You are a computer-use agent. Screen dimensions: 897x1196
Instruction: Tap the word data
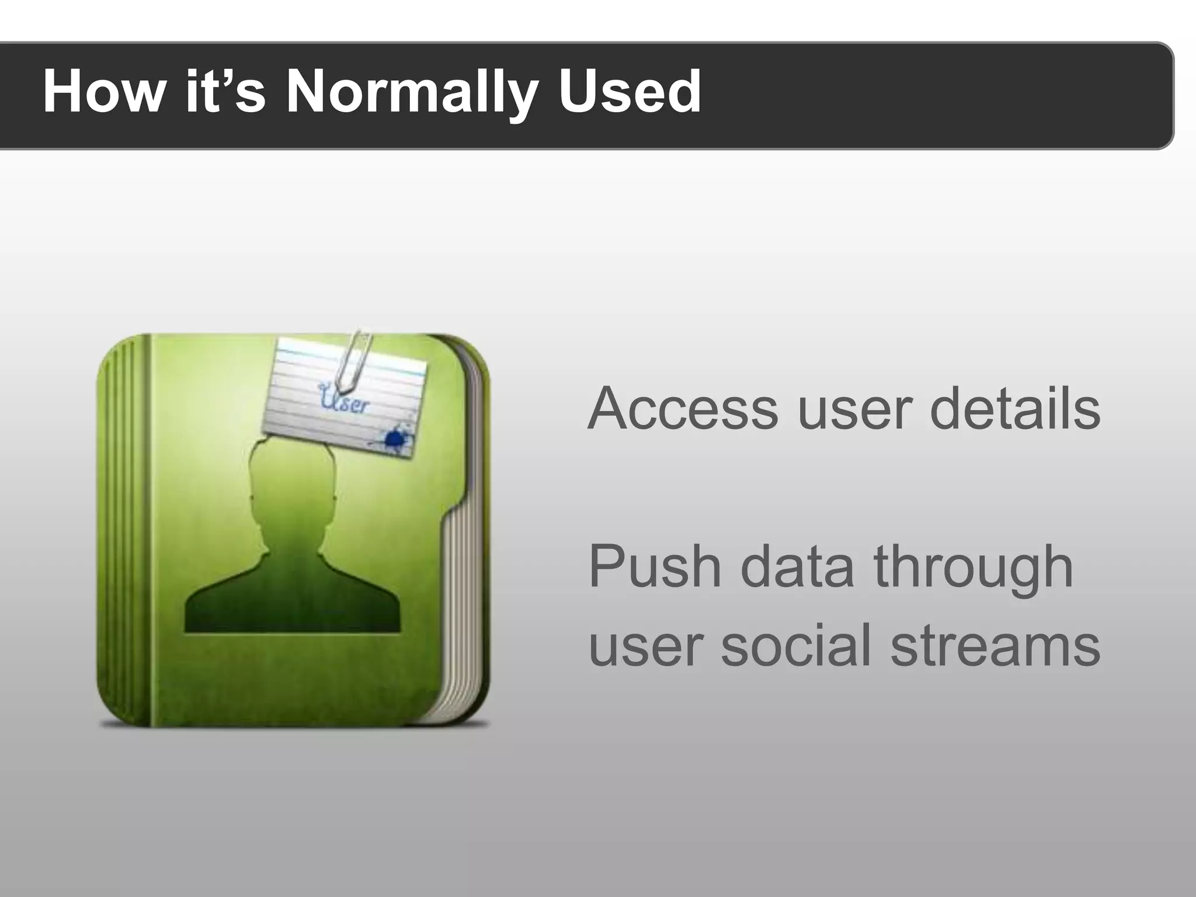click(798, 566)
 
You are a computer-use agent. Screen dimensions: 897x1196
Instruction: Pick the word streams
click(995, 645)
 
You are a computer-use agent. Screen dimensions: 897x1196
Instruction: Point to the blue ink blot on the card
click(396, 438)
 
